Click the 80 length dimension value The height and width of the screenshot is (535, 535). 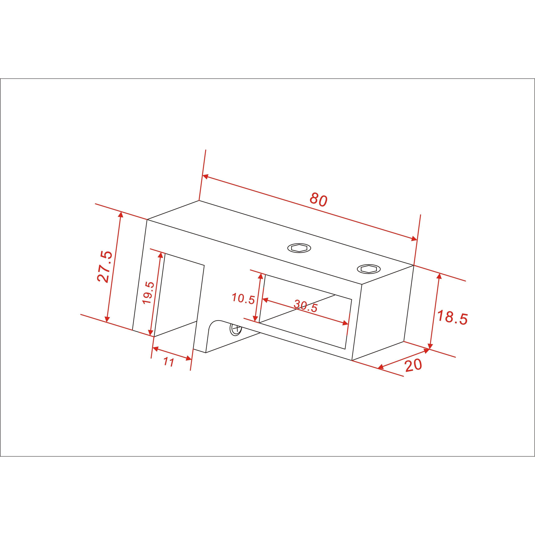318,200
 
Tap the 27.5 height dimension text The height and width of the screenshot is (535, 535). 105,266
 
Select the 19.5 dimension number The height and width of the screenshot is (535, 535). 148,293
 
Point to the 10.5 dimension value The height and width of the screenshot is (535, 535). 243,299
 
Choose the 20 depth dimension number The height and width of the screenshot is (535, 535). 414,365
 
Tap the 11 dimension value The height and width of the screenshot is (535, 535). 169,362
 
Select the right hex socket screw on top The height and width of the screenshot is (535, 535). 369,268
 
